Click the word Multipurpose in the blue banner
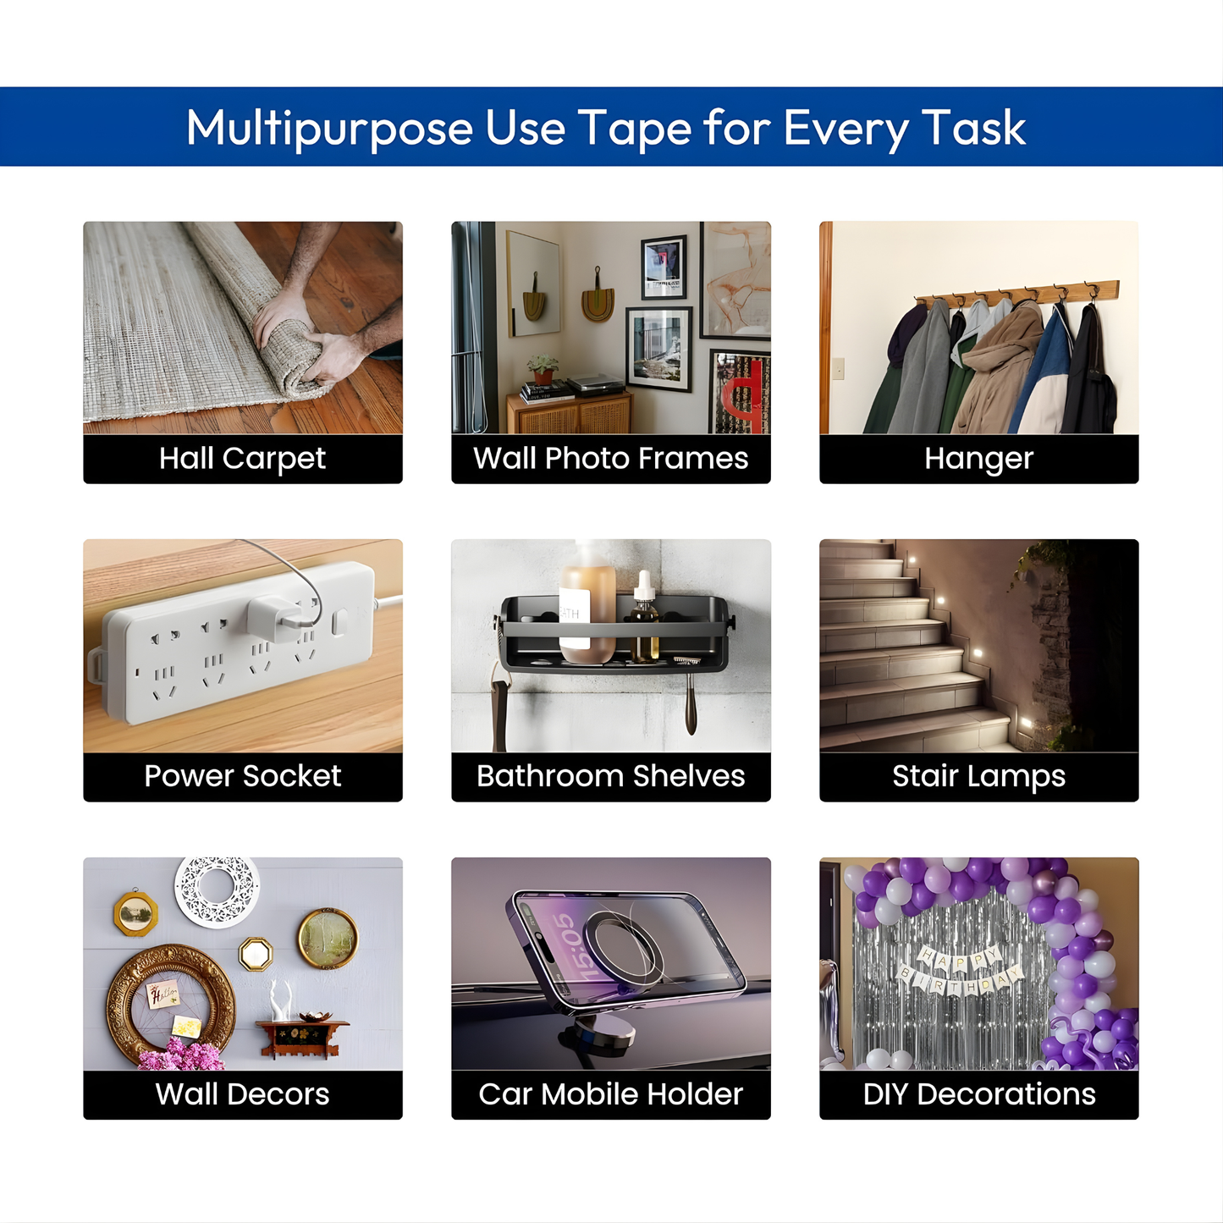(x=329, y=129)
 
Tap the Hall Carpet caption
(x=242, y=459)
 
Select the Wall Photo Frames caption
(x=610, y=458)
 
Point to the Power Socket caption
(x=242, y=775)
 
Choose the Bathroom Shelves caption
(x=610, y=775)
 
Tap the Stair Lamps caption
(x=978, y=776)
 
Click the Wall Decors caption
(x=242, y=1094)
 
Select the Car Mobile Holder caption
(x=610, y=1094)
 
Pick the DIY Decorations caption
(x=978, y=1094)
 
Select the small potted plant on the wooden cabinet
(x=543, y=369)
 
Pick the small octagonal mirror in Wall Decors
(x=256, y=954)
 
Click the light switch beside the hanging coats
(x=838, y=368)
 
